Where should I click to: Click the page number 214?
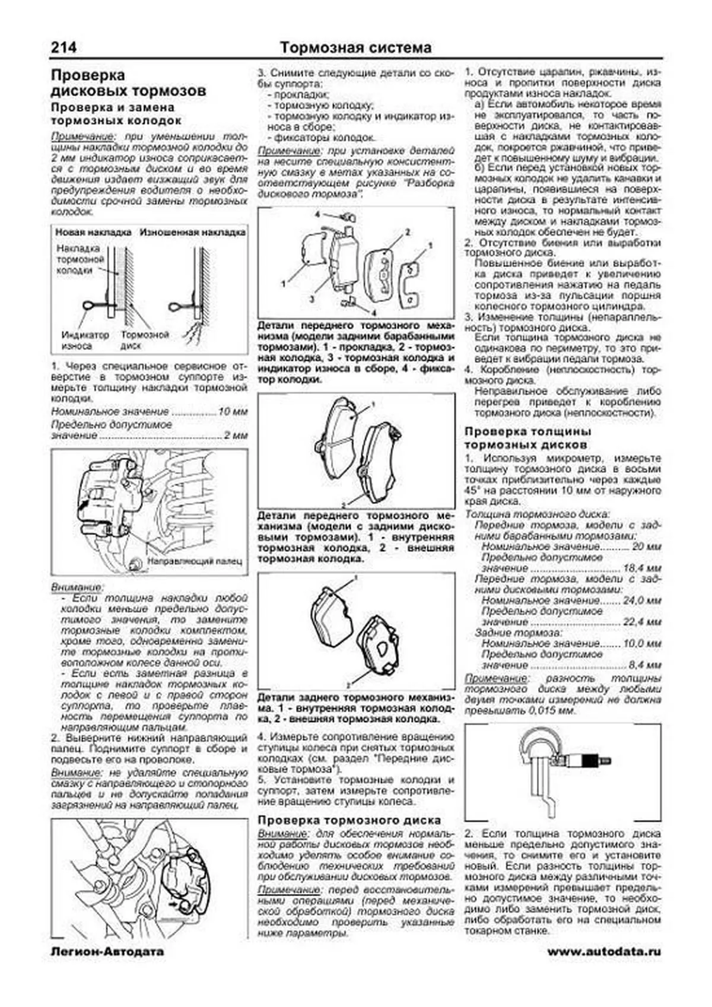click(63, 47)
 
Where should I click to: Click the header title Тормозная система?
click(355, 47)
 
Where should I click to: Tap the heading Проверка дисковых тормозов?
click(128, 83)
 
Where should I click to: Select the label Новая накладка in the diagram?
click(93, 233)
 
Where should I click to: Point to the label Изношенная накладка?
click(192, 233)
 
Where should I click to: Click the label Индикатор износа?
click(85, 340)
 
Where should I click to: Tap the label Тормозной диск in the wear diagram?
click(145, 340)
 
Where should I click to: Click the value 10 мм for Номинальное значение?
click(233, 411)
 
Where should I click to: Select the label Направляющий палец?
click(195, 560)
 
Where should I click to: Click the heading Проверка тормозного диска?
click(349, 820)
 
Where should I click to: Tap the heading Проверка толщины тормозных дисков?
click(527, 438)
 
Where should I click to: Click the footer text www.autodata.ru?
click(604, 952)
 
